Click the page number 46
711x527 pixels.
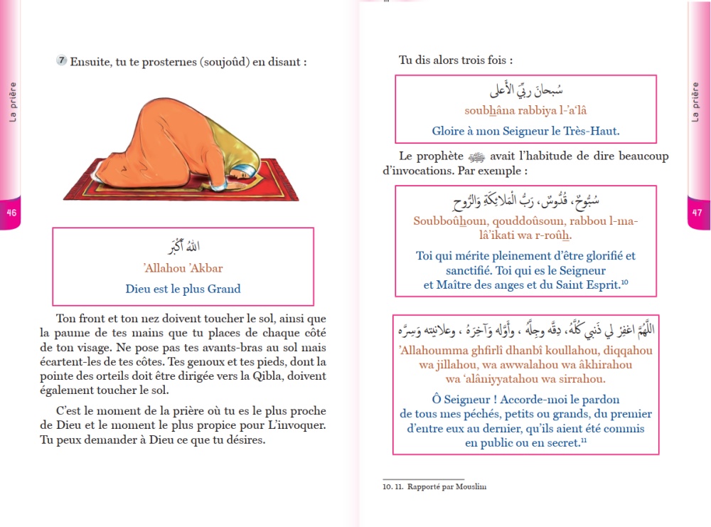[11, 213]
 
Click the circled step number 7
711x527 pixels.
[62, 61]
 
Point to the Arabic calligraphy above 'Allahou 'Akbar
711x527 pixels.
[183, 246]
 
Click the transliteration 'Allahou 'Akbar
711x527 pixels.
[183, 268]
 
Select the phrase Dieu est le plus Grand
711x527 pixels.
[183, 289]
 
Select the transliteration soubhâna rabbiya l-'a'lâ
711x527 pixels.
[525, 110]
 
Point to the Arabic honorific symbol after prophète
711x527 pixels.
[474, 156]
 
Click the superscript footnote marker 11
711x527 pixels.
[584, 441]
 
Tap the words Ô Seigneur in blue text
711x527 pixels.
[464, 399]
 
